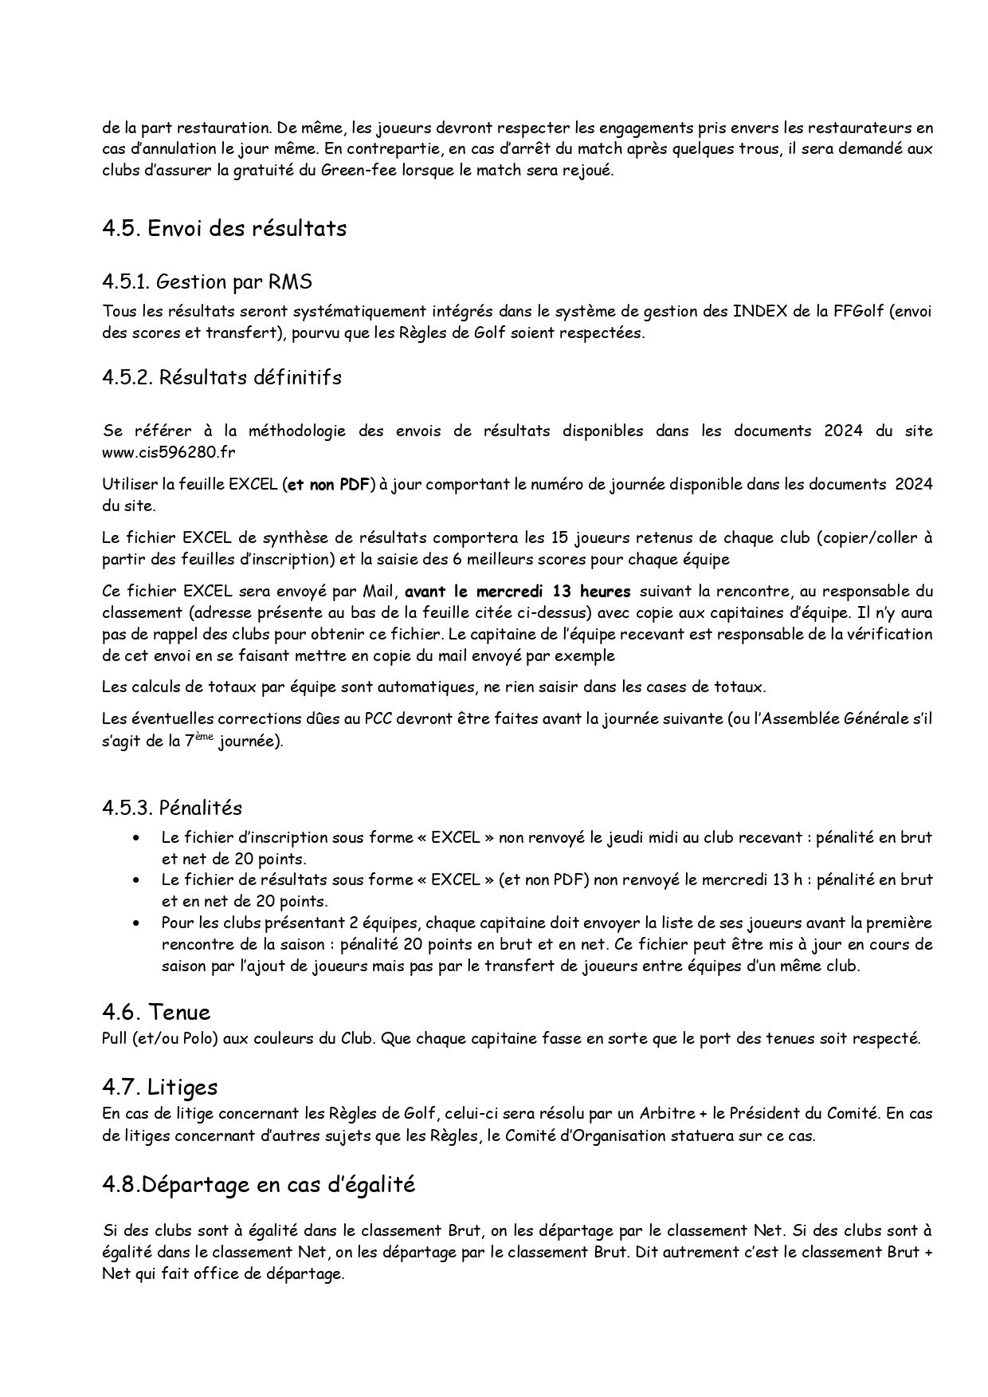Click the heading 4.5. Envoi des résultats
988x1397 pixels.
pyautogui.click(x=224, y=229)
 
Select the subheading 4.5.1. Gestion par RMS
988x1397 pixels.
pyautogui.click(x=207, y=281)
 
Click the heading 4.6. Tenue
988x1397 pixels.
pyautogui.click(x=156, y=1013)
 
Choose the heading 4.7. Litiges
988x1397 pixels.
pyautogui.click(x=159, y=1087)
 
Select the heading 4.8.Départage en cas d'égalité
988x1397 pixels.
pyautogui.click(x=258, y=1184)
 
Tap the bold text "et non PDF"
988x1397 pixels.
pyautogui.click(x=328, y=485)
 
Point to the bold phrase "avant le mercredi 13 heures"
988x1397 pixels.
pyautogui.click(x=518, y=592)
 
